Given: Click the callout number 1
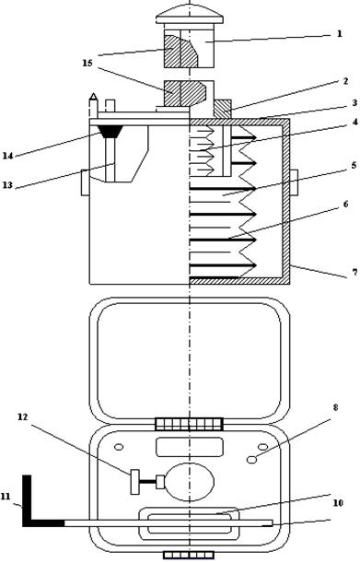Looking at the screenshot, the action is point(339,34).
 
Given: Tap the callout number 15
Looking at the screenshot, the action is point(87,64).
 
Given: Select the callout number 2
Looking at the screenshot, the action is point(345,81).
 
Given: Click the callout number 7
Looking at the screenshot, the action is point(354,273).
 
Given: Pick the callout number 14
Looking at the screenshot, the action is point(7,156).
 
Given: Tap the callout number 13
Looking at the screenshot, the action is point(7,185).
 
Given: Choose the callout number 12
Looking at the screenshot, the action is point(23,416).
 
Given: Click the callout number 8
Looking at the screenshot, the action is point(335,407).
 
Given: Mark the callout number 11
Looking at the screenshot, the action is point(6,497).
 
